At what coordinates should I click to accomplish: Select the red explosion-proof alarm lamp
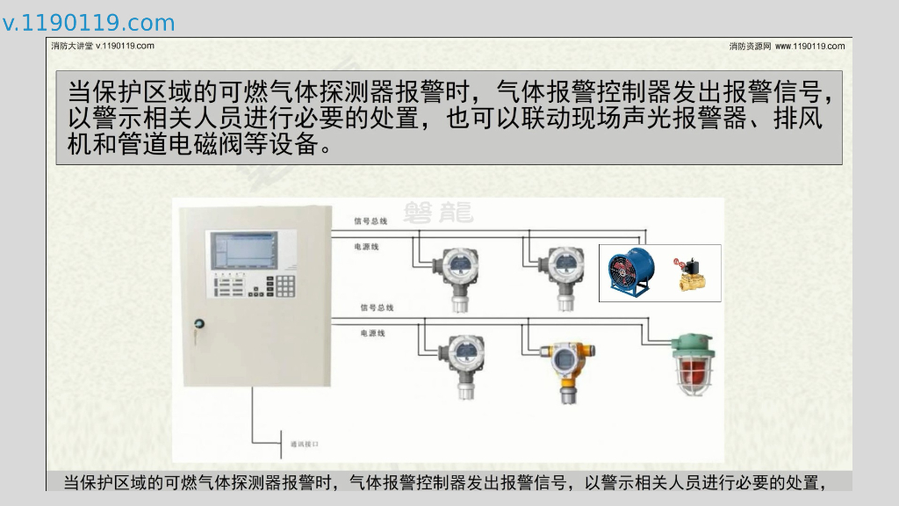pyautogui.click(x=694, y=365)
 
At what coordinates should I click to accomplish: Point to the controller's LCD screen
pyautogui.click(x=241, y=249)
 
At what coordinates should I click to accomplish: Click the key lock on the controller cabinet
pyautogui.click(x=198, y=324)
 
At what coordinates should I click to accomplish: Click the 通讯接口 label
pyautogui.click(x=304, y=444)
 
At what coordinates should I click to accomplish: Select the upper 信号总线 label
pyautogui.click(x=370, y=221)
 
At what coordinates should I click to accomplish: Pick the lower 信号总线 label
pyautogui.click(x=377, y=307)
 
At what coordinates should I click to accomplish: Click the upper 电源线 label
pyautogui.click(x=366, y=248)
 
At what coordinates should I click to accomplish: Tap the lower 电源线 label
pyautogui.click(x=373, y=334)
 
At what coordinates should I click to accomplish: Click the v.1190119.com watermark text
pyautogui.click(x=89, y=23)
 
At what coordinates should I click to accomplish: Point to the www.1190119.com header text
pyautogui.click(x=810, y=46)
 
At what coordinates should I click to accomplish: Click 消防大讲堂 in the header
pyautogui.click(x=72, y=46)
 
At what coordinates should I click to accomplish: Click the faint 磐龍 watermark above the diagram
pyautogui.click(x=438, y=212)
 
